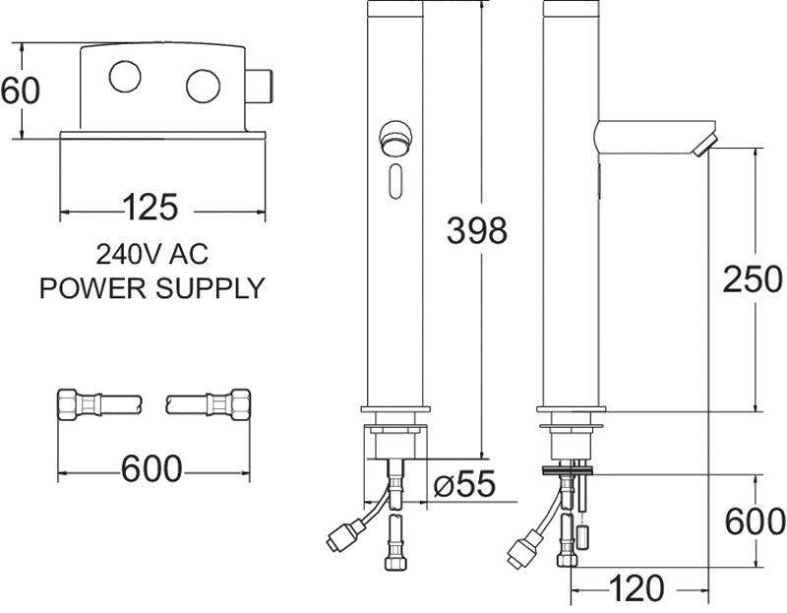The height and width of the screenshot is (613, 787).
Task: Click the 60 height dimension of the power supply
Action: tap(20, 92)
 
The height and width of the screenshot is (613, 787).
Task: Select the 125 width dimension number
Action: tap(150, 209)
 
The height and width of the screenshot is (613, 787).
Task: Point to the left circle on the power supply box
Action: tap(125, 78)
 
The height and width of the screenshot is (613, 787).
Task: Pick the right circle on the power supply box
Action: tap(204, 85)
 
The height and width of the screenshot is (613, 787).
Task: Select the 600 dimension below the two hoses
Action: tap(152, 469)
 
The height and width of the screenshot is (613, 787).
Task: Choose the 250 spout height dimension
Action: tap(753, 279)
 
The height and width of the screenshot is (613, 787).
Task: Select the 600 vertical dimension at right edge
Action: tap(755, 521)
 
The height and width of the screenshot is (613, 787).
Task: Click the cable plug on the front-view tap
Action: tap(343, 535)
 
